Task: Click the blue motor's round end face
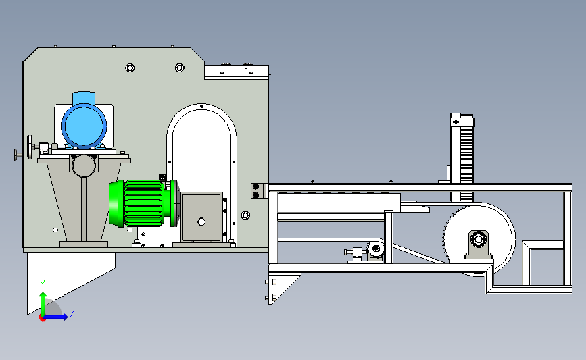(x=84, y=126)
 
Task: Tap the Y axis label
(x=43, y=284)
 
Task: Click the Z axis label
(x=72, y=313)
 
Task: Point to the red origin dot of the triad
(x=43, y=318)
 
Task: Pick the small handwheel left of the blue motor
(x=30, y=147)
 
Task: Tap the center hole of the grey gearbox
(x=201, y=222)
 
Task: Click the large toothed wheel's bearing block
(x=479, y=245)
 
